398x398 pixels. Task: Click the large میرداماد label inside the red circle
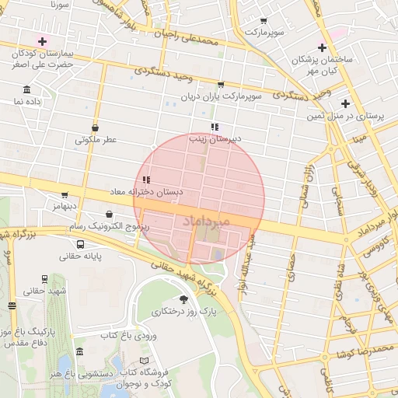coord(207,222)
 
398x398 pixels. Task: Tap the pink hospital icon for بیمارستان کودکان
coord(42,40)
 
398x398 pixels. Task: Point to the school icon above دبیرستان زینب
coord(214,127)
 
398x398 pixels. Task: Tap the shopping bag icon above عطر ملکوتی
coord(95,128)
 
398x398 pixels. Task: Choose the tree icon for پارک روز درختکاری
coord(183,299)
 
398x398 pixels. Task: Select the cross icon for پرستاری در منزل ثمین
coord(345,103)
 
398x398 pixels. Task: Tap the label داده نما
coord(28,101)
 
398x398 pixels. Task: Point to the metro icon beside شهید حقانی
coord(44,278)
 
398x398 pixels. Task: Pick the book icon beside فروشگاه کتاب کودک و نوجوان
coord(142,361)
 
